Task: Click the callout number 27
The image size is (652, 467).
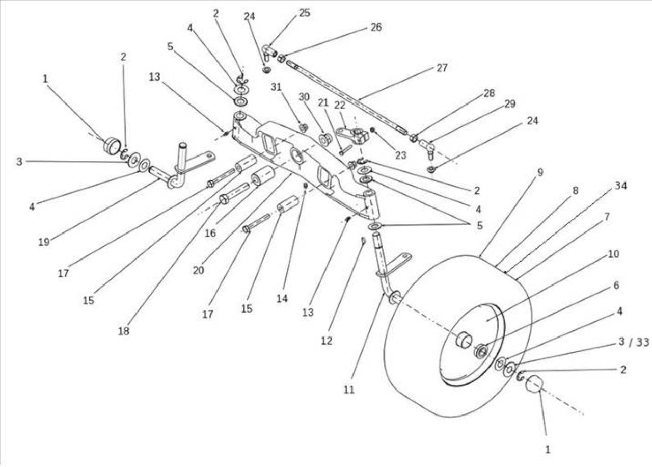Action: click(442, 68)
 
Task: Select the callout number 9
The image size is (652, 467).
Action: click(540, 172)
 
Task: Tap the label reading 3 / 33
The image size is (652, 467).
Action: click(634, 342)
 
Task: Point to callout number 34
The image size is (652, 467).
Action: click(620, 186)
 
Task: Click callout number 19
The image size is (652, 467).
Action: click(44, 242)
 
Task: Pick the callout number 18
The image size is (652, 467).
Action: click(123, 331)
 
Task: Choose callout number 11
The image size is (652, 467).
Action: click(349, 390)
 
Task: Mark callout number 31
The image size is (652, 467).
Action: click(276, 87)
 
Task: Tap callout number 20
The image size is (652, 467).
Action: click(198, 270)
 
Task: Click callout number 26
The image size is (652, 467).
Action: click(376, 27)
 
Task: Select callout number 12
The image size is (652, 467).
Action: click(327, 341)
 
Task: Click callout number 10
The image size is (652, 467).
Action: click(613, 254)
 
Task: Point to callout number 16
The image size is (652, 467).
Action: click(210, 233)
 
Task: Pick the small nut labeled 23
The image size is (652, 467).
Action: click(372, 129)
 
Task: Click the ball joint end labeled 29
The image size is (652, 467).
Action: click(427, 147)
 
